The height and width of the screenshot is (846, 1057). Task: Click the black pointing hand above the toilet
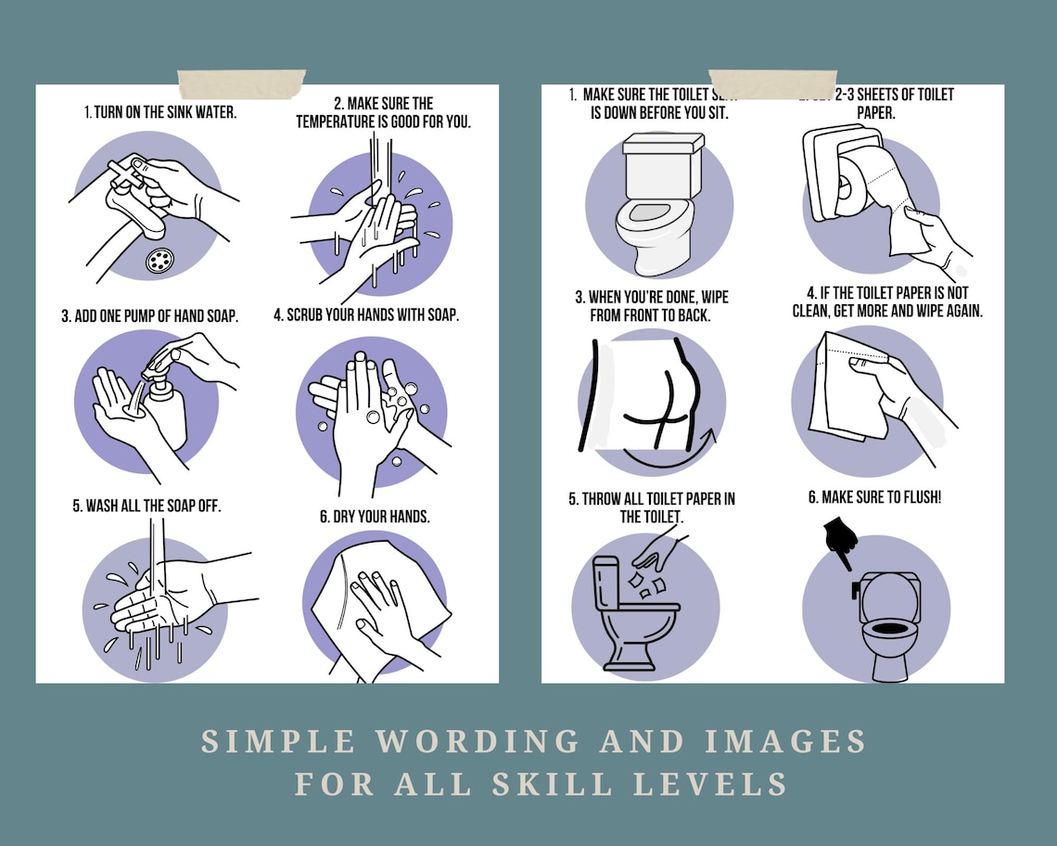pyautogui.click(x=838, y=543)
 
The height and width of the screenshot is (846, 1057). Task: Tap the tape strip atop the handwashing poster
pyautogui.click(x=241, y=83)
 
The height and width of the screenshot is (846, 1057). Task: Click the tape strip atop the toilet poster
pyautogui.click(x=771, y=83)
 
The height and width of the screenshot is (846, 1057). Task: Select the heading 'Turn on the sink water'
pyautogui.click(x=160, y=112)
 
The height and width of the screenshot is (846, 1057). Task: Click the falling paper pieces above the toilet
pyautogui.click(x=646, y=583)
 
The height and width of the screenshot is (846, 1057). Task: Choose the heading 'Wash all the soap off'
pyautogui.click(x=146, y=506)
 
